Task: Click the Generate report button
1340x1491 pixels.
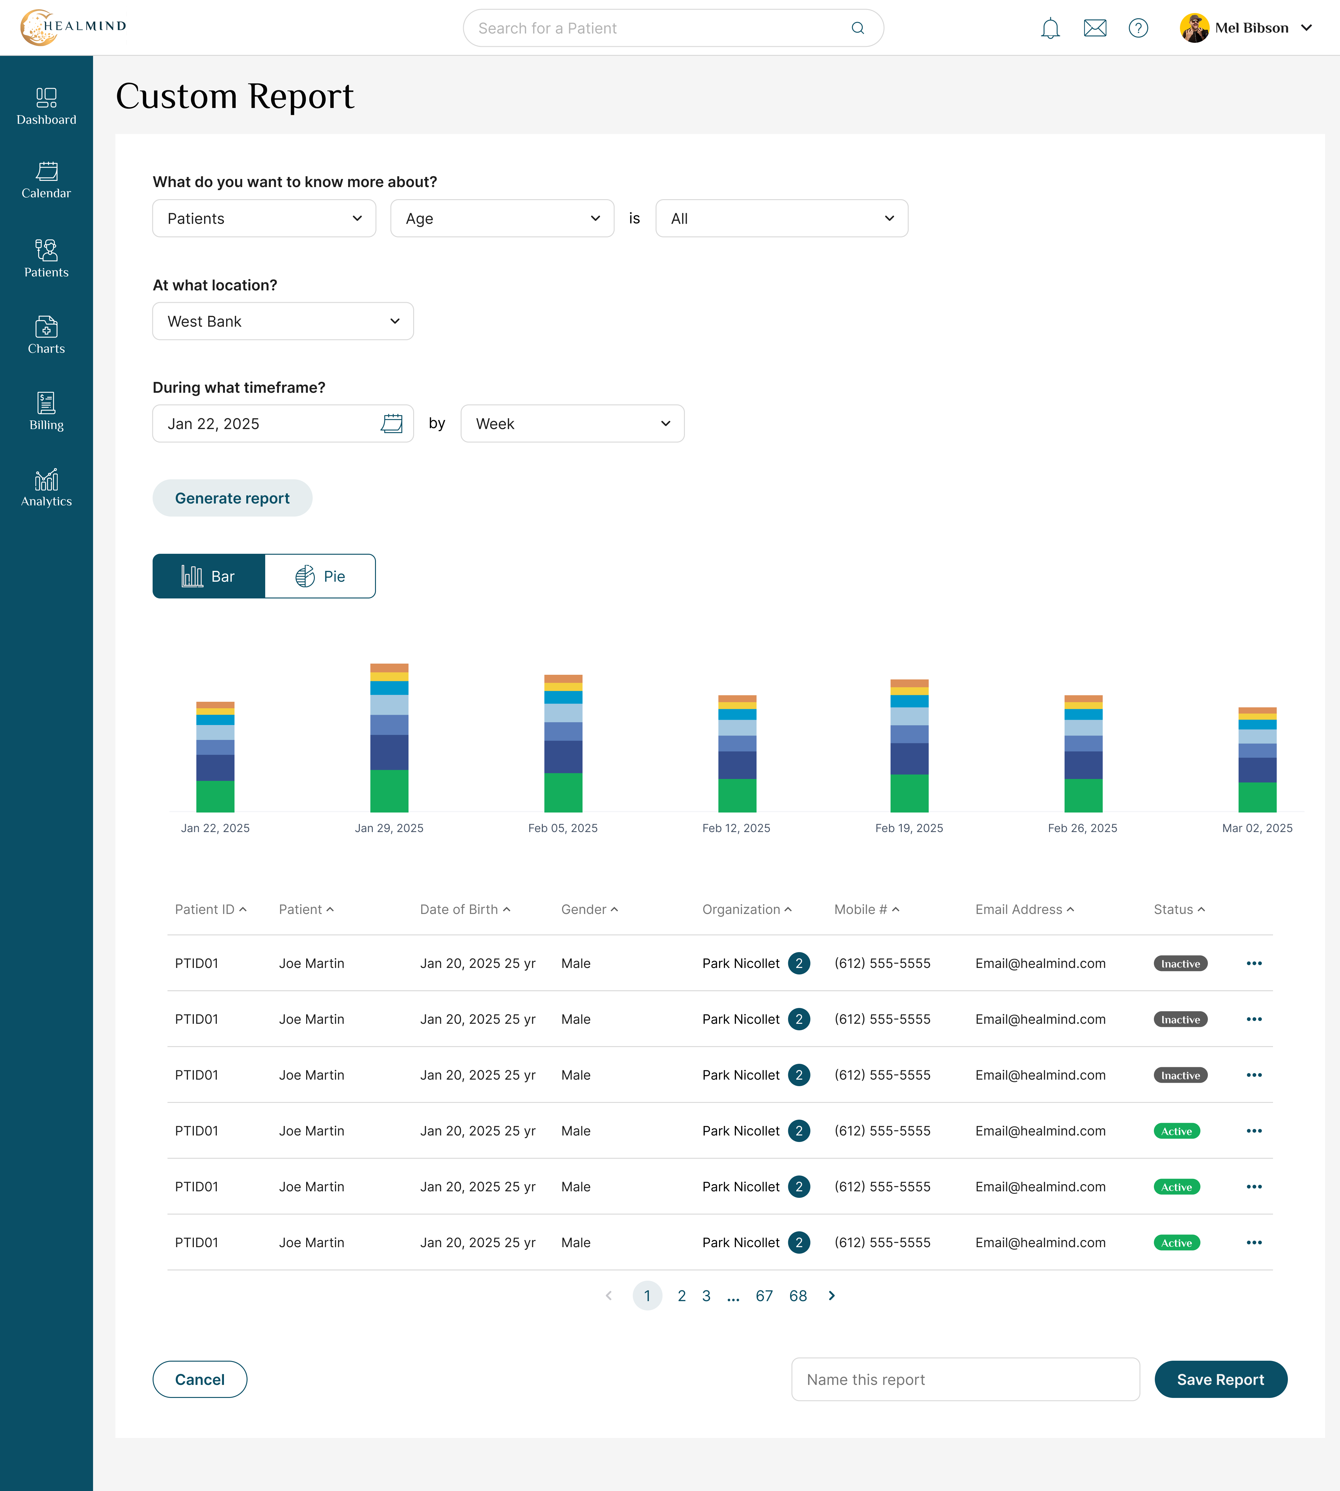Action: click(x=232, y=499)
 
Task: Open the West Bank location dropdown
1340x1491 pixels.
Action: click(x=283, y=321)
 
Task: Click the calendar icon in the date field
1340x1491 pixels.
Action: click(x=392, y=423)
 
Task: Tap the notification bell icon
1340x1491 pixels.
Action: click(x=1050, y=28)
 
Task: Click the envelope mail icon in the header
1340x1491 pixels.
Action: click(x=1095, y=28)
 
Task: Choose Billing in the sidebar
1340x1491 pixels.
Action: click(x=47, y=411)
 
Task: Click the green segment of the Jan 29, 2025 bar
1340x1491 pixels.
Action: click(x=389, y=791)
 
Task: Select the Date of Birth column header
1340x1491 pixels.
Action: click(x=465, y=909)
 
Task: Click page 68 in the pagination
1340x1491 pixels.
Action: click(x=798, y=1296)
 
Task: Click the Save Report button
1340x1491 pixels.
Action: click(x=1220, y=1379)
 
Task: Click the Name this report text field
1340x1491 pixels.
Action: click(x=965, y=1379)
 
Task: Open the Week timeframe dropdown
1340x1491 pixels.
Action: click(x=572, y=423)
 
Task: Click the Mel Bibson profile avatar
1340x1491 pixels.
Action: click(x=1194, y=28)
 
